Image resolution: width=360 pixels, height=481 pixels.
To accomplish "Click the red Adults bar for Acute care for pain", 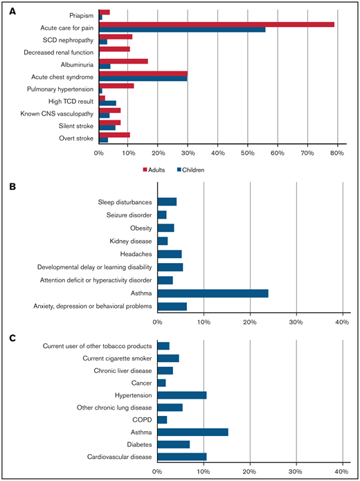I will [x=217, y=25].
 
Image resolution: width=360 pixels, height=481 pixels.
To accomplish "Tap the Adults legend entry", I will [x=158, y=168].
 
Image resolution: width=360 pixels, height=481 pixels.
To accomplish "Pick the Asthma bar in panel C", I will [x=192, y=432].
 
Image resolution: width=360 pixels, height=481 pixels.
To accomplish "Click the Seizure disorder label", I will [x=125, y=215].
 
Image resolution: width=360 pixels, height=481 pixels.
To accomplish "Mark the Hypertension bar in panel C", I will [x=182, y=394].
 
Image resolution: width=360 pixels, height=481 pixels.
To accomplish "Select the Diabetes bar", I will [x=173, y=444].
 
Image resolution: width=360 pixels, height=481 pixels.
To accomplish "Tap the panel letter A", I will [x=9, y=6].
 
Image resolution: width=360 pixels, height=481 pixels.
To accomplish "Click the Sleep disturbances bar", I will [x=167, y=201].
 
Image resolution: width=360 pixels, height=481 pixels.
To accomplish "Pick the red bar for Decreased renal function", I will [x=114, y=49].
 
